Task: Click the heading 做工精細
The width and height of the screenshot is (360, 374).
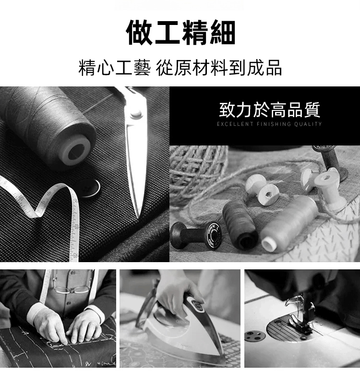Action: pos(180,33)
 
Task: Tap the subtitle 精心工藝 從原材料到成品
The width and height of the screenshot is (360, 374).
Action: pos(180,68)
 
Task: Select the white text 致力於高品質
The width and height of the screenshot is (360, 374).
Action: pos(269,110)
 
